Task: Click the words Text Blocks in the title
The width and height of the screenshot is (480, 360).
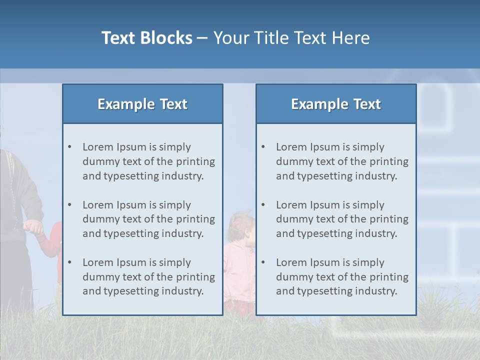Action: [x=146, y=38]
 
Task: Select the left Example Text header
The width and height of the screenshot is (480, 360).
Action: [x=142, y=104]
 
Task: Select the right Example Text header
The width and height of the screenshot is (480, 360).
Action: [x=336, y=104]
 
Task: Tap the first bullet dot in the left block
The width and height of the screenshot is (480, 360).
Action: [x=69, y=147]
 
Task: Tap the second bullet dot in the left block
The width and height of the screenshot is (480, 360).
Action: [x=69, y=205]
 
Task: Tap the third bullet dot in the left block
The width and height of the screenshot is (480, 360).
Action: [x=69, y=262]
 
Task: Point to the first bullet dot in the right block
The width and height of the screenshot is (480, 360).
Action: [x=263, y=147]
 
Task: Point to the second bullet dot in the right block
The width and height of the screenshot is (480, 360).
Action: [x=263, y=205]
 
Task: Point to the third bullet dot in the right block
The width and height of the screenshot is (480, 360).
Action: [x=263, y=262]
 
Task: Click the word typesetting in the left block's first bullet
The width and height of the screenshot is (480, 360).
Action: [x=132, y=176]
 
